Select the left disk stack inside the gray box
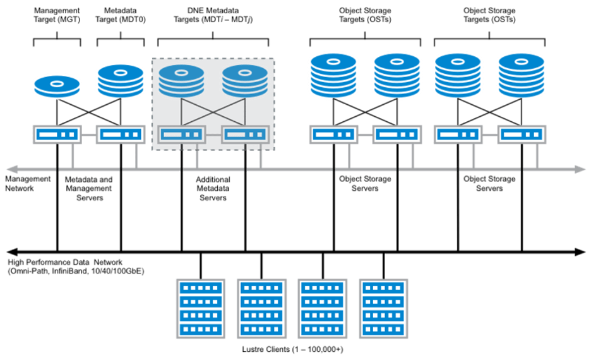point(182,80)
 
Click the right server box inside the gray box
point(245,135)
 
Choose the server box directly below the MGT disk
point(57,135)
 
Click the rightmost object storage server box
point(522,135)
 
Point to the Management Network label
point(26,184)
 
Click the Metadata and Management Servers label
point(88,188)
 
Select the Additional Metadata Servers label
point(213,188)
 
